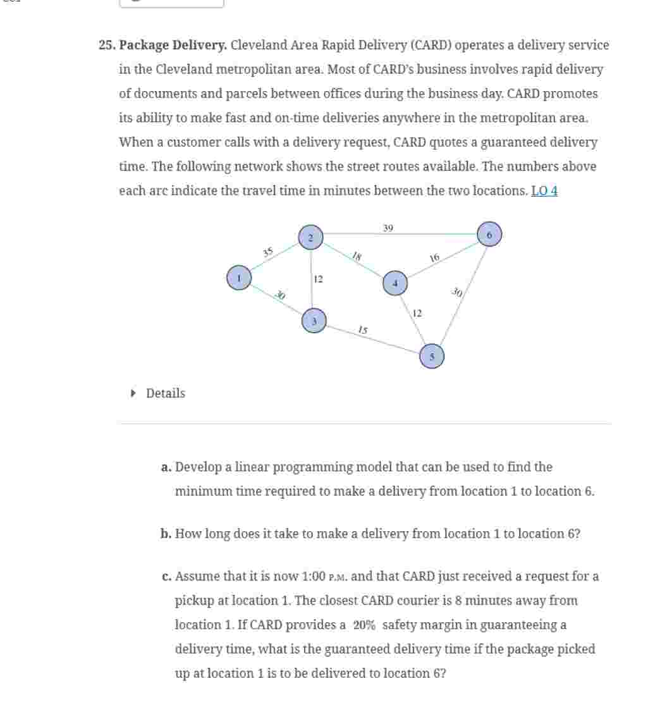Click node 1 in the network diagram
coord(239,278)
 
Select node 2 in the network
coord(310,237)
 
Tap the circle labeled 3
coord(314,321)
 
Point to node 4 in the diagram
coord(395,283)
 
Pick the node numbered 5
coord(432,356)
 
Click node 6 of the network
coord(489,234)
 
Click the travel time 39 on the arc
coord(388,228)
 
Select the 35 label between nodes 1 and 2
coord(268,252)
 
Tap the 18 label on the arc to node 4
coord(357,256)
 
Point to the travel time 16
coord(434,257)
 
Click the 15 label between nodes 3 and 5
coord(362,329)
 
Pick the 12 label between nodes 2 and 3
coord(319,279)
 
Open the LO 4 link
coord(544,191)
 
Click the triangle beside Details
coord(133,393)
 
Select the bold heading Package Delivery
coord(173,46)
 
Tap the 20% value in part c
coord(364,625)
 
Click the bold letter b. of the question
coord(166,534)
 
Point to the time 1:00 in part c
coord(314,577)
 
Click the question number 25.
coord(106,46)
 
